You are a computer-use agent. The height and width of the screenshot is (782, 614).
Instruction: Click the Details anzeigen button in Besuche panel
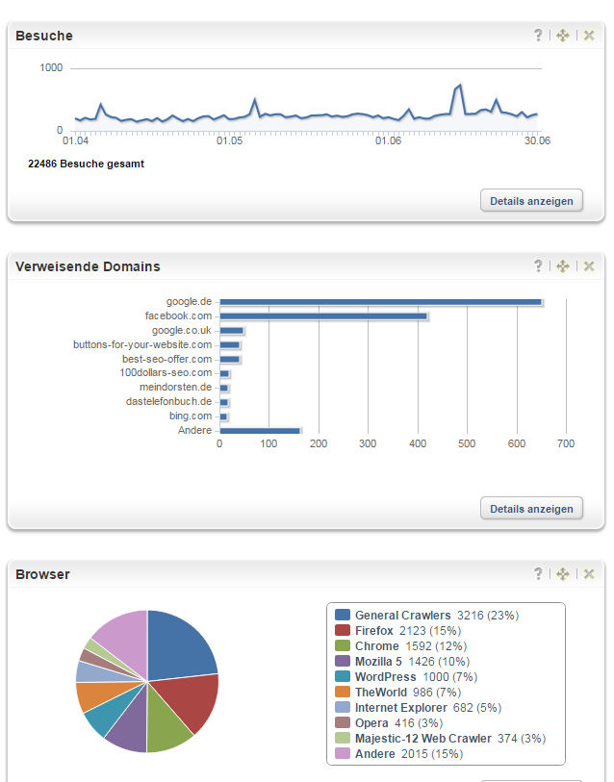pyautogui.click(x=531, y=201)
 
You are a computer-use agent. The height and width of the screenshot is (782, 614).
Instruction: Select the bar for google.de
pyautogui.click(x=380, y=302)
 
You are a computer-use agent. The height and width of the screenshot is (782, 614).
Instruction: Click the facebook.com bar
pyautogui.click(x=323, y=315)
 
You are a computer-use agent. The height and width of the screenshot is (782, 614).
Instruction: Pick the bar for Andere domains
pyautogui.click(x=260, y=430)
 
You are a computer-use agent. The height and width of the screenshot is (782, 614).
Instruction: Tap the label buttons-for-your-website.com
pyautogui.click(x=142, y=344)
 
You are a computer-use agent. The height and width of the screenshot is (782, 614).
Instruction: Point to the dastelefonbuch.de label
pyautogui.click(x=168, y=401)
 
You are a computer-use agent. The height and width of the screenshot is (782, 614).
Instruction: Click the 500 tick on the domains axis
pyautogui.click(x=467, y=444)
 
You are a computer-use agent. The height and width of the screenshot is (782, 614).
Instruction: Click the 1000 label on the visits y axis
pyautogui.click(x=52, y=68)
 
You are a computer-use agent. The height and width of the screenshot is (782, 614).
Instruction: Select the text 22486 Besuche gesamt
pyautogui.click(x=87, y=164)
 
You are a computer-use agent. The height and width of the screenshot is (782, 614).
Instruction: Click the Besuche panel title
pyautogui.click(x=44, y=36)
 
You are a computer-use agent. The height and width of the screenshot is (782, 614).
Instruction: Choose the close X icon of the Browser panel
pyautogui.click(x=589, y=574)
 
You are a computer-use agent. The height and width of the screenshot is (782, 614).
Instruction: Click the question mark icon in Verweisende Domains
pyautogui.click(x=539, y=266)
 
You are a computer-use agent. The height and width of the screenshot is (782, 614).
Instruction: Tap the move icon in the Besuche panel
pyautogui.click(x=563, y=36)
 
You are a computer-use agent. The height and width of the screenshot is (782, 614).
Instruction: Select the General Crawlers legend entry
pyautogui.click(x=402, y=616)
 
